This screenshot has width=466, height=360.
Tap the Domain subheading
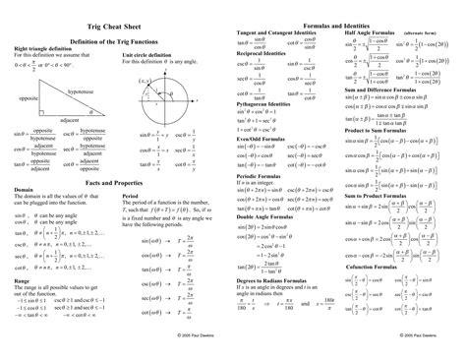click(26, 197)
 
